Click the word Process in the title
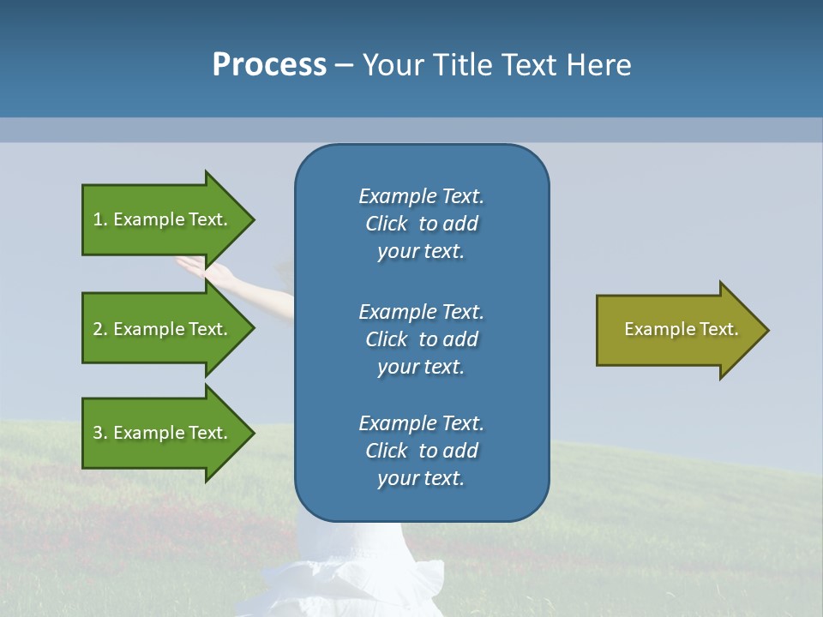click(x=269, y=65)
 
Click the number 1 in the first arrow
click(x=99, y=219)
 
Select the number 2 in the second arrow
click(x=99, y=329)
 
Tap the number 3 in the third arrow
click(x=99, y=433)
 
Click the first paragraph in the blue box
click(x=421, y=224)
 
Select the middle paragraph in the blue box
click(x=421, y=339)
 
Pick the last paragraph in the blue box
click(x=421, y=451)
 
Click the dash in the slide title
click(x=345, y=65)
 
